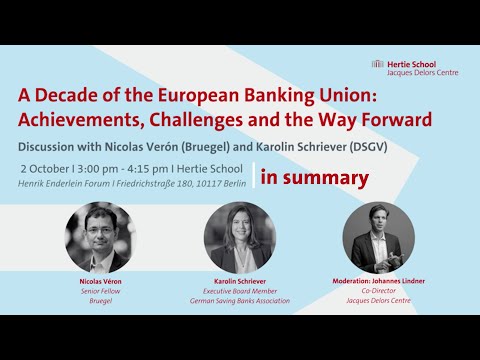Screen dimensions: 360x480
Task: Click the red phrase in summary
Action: (x=314, y=178)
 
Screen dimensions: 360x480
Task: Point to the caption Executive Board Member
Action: (x=240, y=291)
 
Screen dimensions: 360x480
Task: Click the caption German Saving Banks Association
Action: (x=240, y=300)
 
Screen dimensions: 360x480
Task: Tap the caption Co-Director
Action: (x=379, y=291)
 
